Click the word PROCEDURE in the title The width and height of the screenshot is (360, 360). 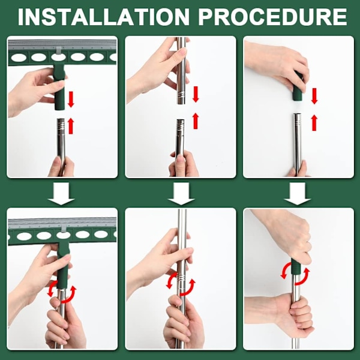[272, 17]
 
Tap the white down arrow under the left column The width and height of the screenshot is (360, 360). [61, 193]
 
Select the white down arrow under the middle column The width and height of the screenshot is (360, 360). [181, 193]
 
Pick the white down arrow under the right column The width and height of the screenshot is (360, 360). [298, 193]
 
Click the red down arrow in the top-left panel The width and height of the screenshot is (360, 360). [71, 99]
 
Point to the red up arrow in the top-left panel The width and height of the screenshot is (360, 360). [71, 125]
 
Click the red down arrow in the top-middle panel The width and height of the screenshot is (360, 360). [196, 94]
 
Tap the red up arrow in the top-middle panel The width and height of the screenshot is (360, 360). [196, 121]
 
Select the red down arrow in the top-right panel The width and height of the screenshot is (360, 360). [314, 96]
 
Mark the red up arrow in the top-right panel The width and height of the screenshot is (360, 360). [314, 122]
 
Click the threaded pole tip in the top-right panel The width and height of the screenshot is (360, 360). [298, 120]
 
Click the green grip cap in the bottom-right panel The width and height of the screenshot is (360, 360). [296, 266]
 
